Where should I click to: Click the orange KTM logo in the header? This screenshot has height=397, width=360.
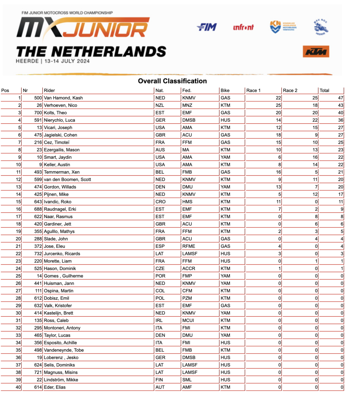click(x=316, y=52)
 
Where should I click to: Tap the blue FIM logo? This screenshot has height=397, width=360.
click(x=207, y=27)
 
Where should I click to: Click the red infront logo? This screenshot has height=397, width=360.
click(x=243, y=27)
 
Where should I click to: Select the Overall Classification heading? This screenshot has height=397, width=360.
click(x=172, y=81)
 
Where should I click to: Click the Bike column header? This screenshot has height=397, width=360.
click(x=225, y=90)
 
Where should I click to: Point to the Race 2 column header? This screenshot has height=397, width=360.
click(x=290, y=90)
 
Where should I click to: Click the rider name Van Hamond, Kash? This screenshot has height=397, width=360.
click(x=63, y=98)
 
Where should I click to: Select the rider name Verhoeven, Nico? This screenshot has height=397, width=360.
click(x=60, y=105)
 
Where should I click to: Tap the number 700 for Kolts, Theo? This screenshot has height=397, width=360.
click(x=38, y=113)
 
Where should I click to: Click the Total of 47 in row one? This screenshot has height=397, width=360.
click(x=340, y=98)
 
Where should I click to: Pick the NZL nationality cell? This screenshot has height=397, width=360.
click(x=160, y=105)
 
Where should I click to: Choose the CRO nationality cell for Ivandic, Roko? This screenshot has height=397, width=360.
click(x=160, y=202)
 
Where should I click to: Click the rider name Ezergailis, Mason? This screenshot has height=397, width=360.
click(x=62, y=150)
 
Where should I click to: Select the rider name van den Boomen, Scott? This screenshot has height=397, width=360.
click(x=67, y=180)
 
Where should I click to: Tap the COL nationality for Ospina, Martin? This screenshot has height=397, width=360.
click(x=160, y=291)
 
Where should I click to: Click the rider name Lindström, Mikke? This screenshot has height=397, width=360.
click(x=61, y=380)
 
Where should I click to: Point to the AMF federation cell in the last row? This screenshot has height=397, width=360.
click(x=187, y=387)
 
